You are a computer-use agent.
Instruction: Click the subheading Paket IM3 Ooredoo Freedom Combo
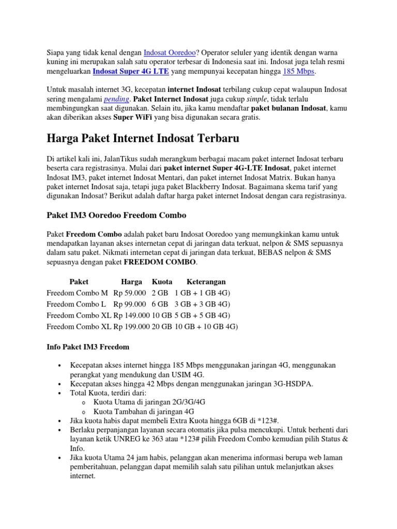[116, 215]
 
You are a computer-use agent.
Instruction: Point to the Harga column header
[131, 282]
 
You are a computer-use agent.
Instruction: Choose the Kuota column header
[162, 282]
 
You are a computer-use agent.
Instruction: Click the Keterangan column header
[206, 282]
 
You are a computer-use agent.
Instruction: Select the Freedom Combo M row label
[77, 293]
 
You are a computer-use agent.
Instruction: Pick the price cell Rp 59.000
[130, 293]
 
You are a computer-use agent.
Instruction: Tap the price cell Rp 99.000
[130, 304]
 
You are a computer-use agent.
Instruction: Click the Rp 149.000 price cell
[132, 315]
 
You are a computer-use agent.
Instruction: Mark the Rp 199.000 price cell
[132, 326]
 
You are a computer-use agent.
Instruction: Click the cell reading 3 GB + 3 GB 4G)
[203, 304]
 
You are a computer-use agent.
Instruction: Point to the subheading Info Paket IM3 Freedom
[88, 347]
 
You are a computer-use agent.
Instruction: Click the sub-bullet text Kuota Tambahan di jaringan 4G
[144, 412]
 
